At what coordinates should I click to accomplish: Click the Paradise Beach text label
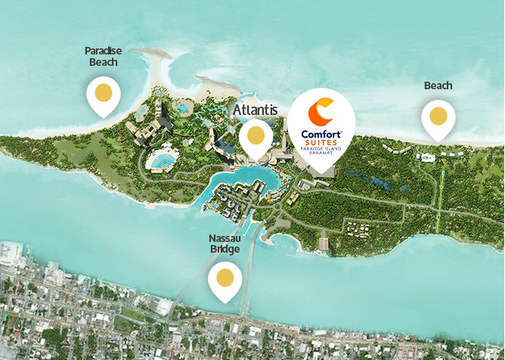pos(103,57)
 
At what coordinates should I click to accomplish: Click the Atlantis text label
pos(256,110)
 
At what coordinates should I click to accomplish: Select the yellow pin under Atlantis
pos(256,137)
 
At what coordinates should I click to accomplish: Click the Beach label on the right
pos(438,85)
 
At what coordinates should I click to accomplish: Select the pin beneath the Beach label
pos(438,117)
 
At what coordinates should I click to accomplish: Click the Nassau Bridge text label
pos(225,244)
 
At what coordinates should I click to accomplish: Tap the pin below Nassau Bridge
pos(225,278)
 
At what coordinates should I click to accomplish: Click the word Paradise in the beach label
pos(103,51)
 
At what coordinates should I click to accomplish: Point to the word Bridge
pos(225,250)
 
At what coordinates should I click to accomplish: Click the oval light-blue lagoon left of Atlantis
pos(161,160)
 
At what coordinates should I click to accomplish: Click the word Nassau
pos(225,238)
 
